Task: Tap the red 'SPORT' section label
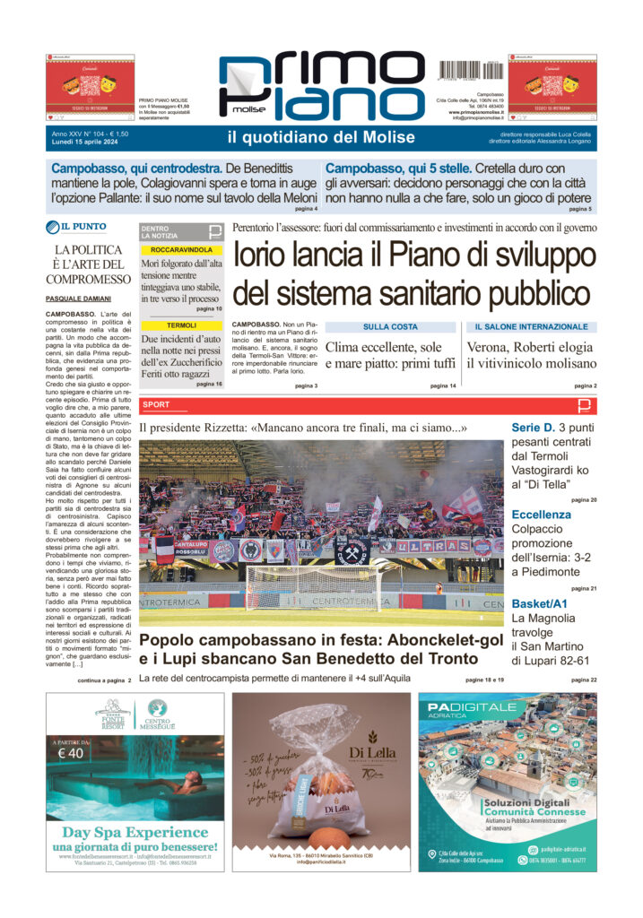click(155, 405)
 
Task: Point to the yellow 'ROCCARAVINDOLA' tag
click(182, 249)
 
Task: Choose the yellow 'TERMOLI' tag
click(182, 325)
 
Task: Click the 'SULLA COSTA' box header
click(390, 327)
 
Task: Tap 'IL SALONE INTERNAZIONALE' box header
click(531, 327)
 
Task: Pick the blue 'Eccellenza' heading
click(541, 515)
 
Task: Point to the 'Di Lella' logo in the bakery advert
click(374, 752)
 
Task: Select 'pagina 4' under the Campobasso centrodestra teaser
click(305, 209)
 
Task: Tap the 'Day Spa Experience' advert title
click(135, 832)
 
